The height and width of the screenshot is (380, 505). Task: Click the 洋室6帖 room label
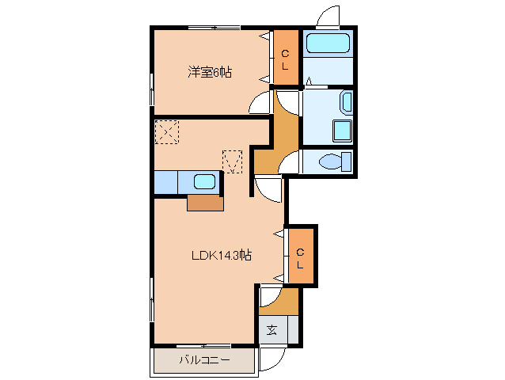click(210, 72)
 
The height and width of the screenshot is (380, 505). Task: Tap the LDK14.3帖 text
click(221, 255)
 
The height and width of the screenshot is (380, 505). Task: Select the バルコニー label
click(203, 360)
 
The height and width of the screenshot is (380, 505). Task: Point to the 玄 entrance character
click(271, 329)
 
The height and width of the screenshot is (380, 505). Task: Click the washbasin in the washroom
click(346, 102)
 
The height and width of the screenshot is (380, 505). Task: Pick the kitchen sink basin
click(205, 182)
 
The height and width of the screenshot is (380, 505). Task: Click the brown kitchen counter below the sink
click(205, 203)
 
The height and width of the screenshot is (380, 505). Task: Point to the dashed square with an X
click(167, 132)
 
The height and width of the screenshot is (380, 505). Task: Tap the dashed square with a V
click(232, 161)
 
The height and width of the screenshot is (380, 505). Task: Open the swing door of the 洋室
click(262, 103)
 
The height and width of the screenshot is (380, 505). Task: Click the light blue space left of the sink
click(165, 182)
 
